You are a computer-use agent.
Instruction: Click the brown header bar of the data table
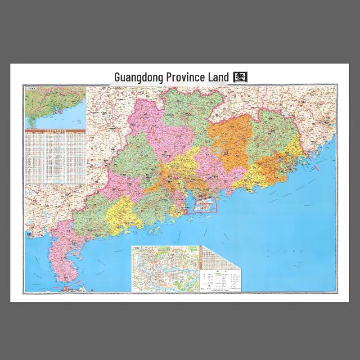click(55, 130)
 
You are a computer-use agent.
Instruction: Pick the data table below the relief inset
click(55, 157)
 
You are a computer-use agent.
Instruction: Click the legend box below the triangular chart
click(220, 280)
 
